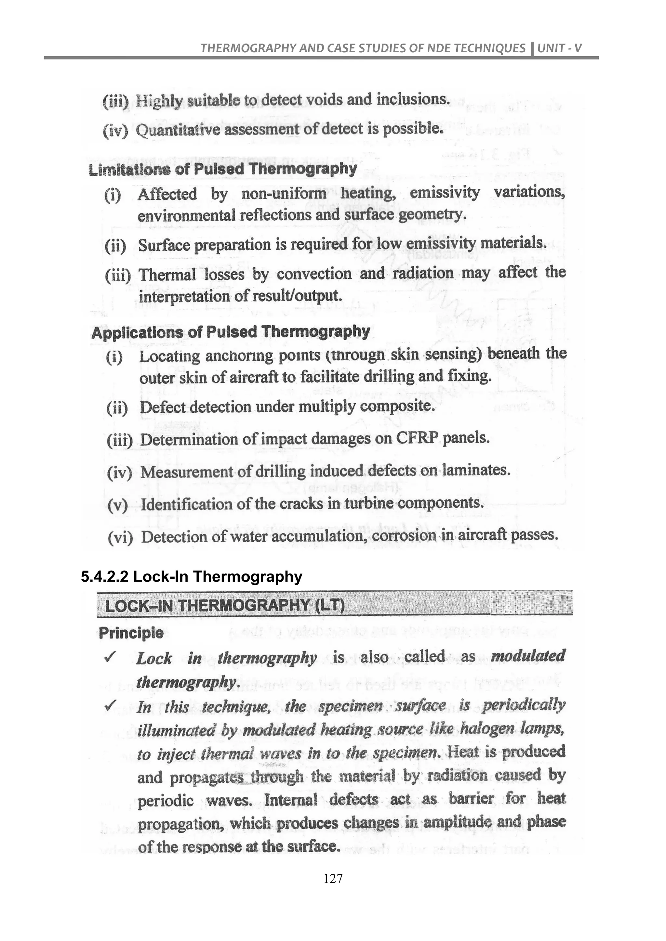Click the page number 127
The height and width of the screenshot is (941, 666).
pyautogui.click(x=333, y=878)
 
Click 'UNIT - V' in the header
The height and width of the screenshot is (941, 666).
pyautogui.click(x=559, y=48)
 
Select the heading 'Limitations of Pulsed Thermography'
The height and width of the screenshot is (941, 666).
pyautogui.click(x=223, y=169)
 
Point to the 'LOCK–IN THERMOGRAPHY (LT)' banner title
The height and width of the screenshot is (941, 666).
pyautogui.click(x=225, y=605)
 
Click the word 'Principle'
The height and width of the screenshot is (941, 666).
pyautogui.click(x=131, y=633)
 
